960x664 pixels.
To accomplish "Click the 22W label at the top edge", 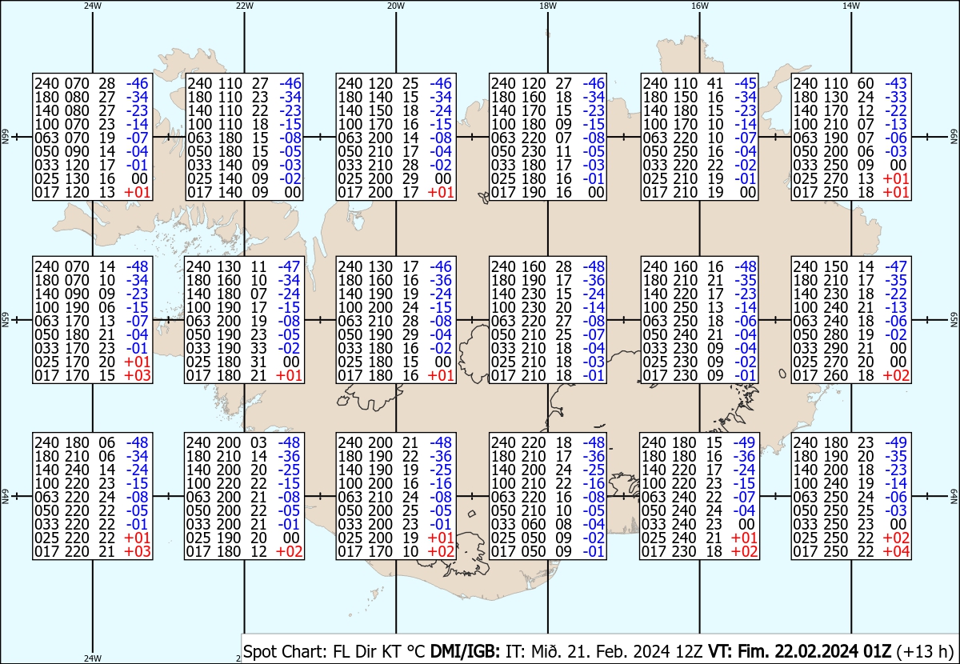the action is pos(244,6).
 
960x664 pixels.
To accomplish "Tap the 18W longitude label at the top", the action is pos(548,6).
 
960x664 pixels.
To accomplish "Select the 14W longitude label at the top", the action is pos(851,6).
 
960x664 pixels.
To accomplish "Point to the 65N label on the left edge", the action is pos(6,320).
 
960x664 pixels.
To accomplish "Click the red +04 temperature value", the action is pos(896,552).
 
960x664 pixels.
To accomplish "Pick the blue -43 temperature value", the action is pos(896,83).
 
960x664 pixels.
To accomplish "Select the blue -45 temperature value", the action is pos(746,83).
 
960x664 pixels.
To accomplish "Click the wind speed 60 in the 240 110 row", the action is pos(866,83).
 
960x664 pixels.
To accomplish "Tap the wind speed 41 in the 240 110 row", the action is pos(715,83).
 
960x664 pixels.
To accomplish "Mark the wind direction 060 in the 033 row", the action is pos(534,524).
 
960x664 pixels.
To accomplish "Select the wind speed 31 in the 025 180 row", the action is pos(258,362).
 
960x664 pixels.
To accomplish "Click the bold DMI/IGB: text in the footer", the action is pos(465,651).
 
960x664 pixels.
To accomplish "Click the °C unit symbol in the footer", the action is pos(416,651).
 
